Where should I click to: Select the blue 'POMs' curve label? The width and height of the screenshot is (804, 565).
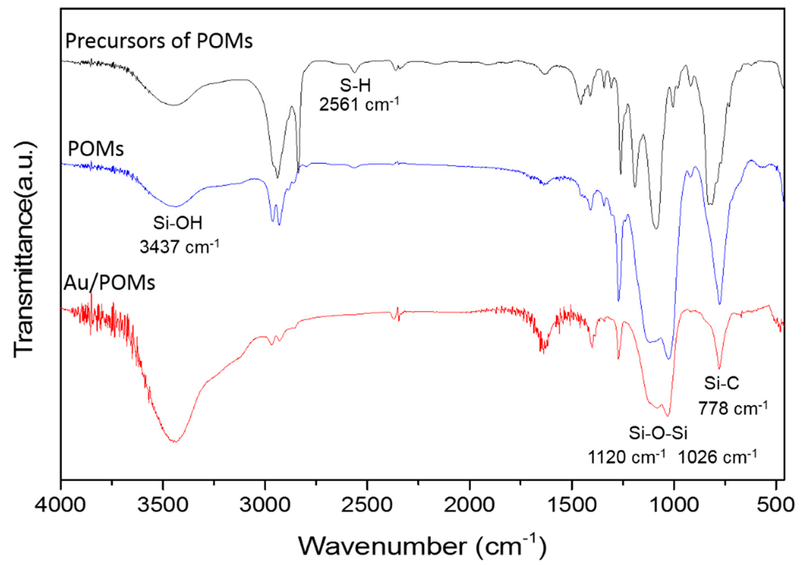tap(95, 149)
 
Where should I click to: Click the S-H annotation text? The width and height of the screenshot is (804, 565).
tap(355, 86)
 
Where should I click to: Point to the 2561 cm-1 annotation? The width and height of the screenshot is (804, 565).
tap(359, 104)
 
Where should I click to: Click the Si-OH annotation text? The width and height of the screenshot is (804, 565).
tap(178, 223)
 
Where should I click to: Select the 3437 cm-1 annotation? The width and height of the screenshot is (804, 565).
tap(179, 247)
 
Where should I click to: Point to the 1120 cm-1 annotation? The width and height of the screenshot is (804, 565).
tap(626, 457)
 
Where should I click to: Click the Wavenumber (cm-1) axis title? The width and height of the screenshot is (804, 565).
tap(422, 545)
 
